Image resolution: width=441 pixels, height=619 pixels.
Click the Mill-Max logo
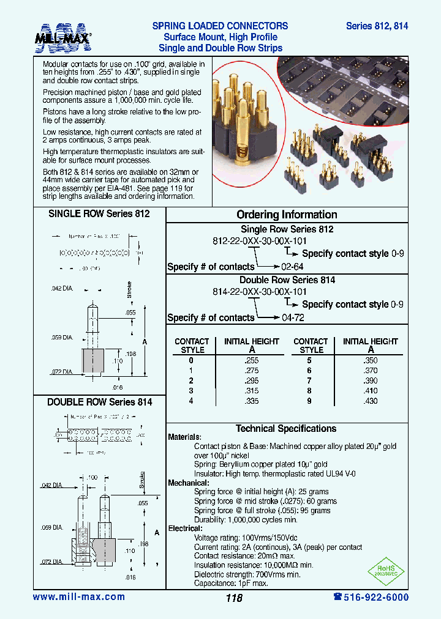(x=63, y=38)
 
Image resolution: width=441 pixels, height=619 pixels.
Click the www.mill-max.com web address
(x=78, y=597)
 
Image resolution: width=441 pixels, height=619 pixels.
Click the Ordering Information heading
(x=287, y=215)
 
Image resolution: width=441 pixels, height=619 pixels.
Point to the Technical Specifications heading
(x=286, y=429)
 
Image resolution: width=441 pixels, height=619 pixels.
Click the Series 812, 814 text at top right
(x=377, y=26)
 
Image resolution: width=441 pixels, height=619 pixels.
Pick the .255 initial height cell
(x=251, y=361)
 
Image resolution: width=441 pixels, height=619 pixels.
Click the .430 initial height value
(x=370, y=401)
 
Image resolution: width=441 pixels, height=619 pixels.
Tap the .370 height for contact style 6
(x=370, y=371)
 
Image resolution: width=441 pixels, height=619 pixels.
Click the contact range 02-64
(x=292, y=267)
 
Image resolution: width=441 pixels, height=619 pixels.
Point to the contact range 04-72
(x=292, y=317)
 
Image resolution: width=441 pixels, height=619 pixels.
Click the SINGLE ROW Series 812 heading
(x=99, y=214)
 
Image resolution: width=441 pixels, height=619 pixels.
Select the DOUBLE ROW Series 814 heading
(x=99, y=402)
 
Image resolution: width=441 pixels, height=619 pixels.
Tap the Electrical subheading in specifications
(x=185, y=528)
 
